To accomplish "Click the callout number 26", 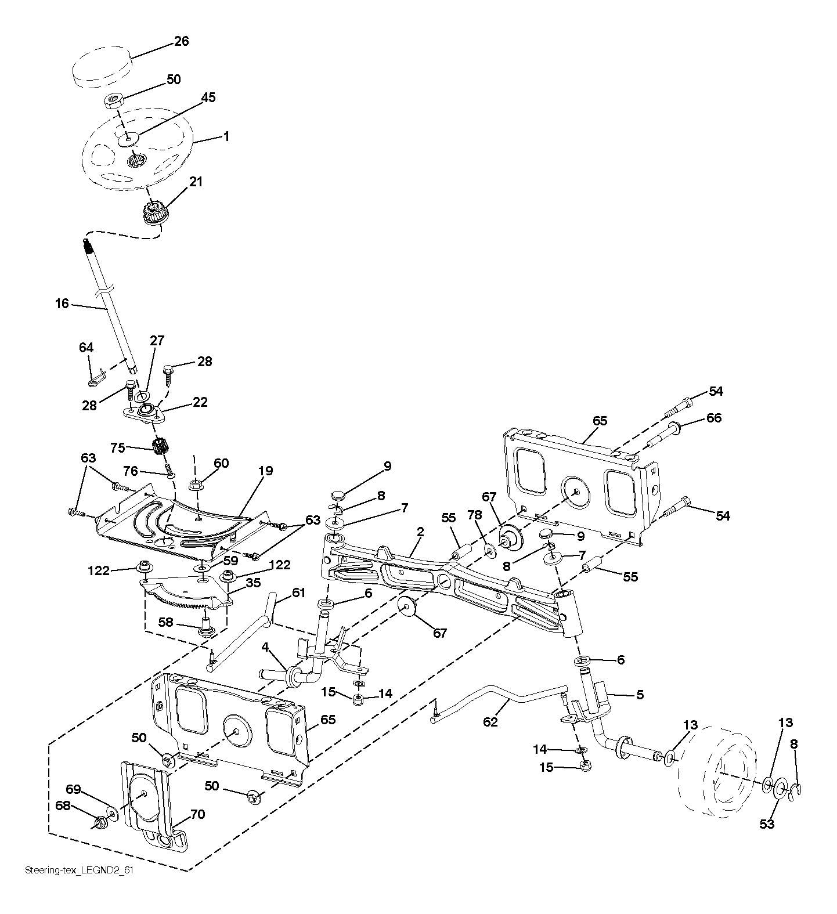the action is click(x=182, y=42).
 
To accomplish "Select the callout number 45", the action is click(x=208, y=97).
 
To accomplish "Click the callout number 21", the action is click(x=196, y=182).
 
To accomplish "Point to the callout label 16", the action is click(x=62, y=303).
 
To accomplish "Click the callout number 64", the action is click(x=86, y=348).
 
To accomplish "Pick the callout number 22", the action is click(x=200, y=402).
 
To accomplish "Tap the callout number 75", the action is click(x=118, y=447).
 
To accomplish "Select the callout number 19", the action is click(x=265, y=471).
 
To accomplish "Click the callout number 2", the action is click(x=420, y=531).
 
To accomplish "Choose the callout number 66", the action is click(x=713, y=418).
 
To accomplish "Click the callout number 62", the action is click(x=490, y=722).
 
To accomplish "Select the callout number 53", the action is click(x=767, y=824).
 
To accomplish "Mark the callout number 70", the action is click(x=197, y=814).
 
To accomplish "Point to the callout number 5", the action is click(x=640, y=694).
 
